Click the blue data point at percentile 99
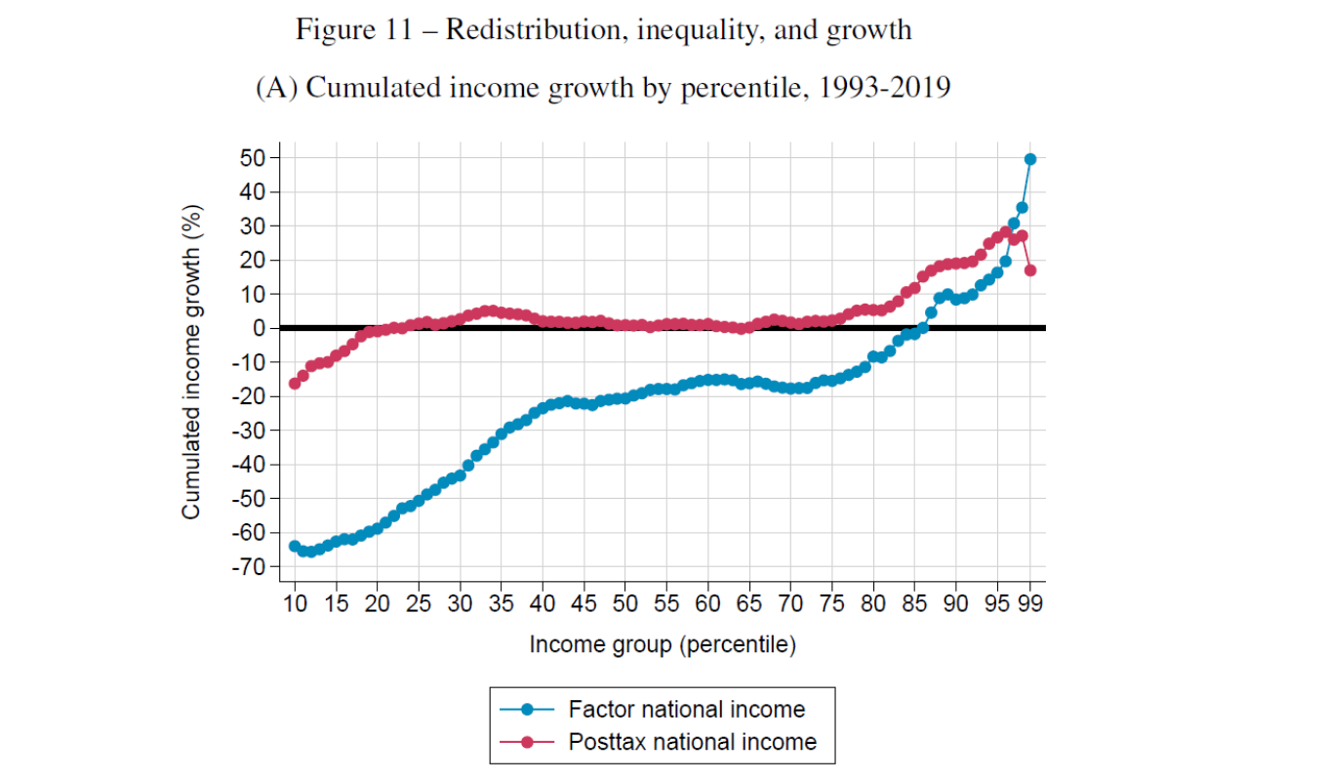[x=1030, y=159]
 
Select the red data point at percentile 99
[x=1030, y=270]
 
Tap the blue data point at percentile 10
[x=295, y=546]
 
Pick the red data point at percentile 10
[x=295, y=383]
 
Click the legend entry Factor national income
[x=686, y=710]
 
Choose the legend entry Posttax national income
[x=692, y=742]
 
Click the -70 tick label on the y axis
[x=250, y=567]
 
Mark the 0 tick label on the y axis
[x=260, y=328]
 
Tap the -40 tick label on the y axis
[x=250, y=465]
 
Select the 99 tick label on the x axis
[x=1030, y=602]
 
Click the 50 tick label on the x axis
[x=625, y=602]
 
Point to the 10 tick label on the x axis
[x=295, y=602]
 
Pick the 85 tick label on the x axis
[x=914, y=602]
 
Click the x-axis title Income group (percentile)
[x=663, y=644]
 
